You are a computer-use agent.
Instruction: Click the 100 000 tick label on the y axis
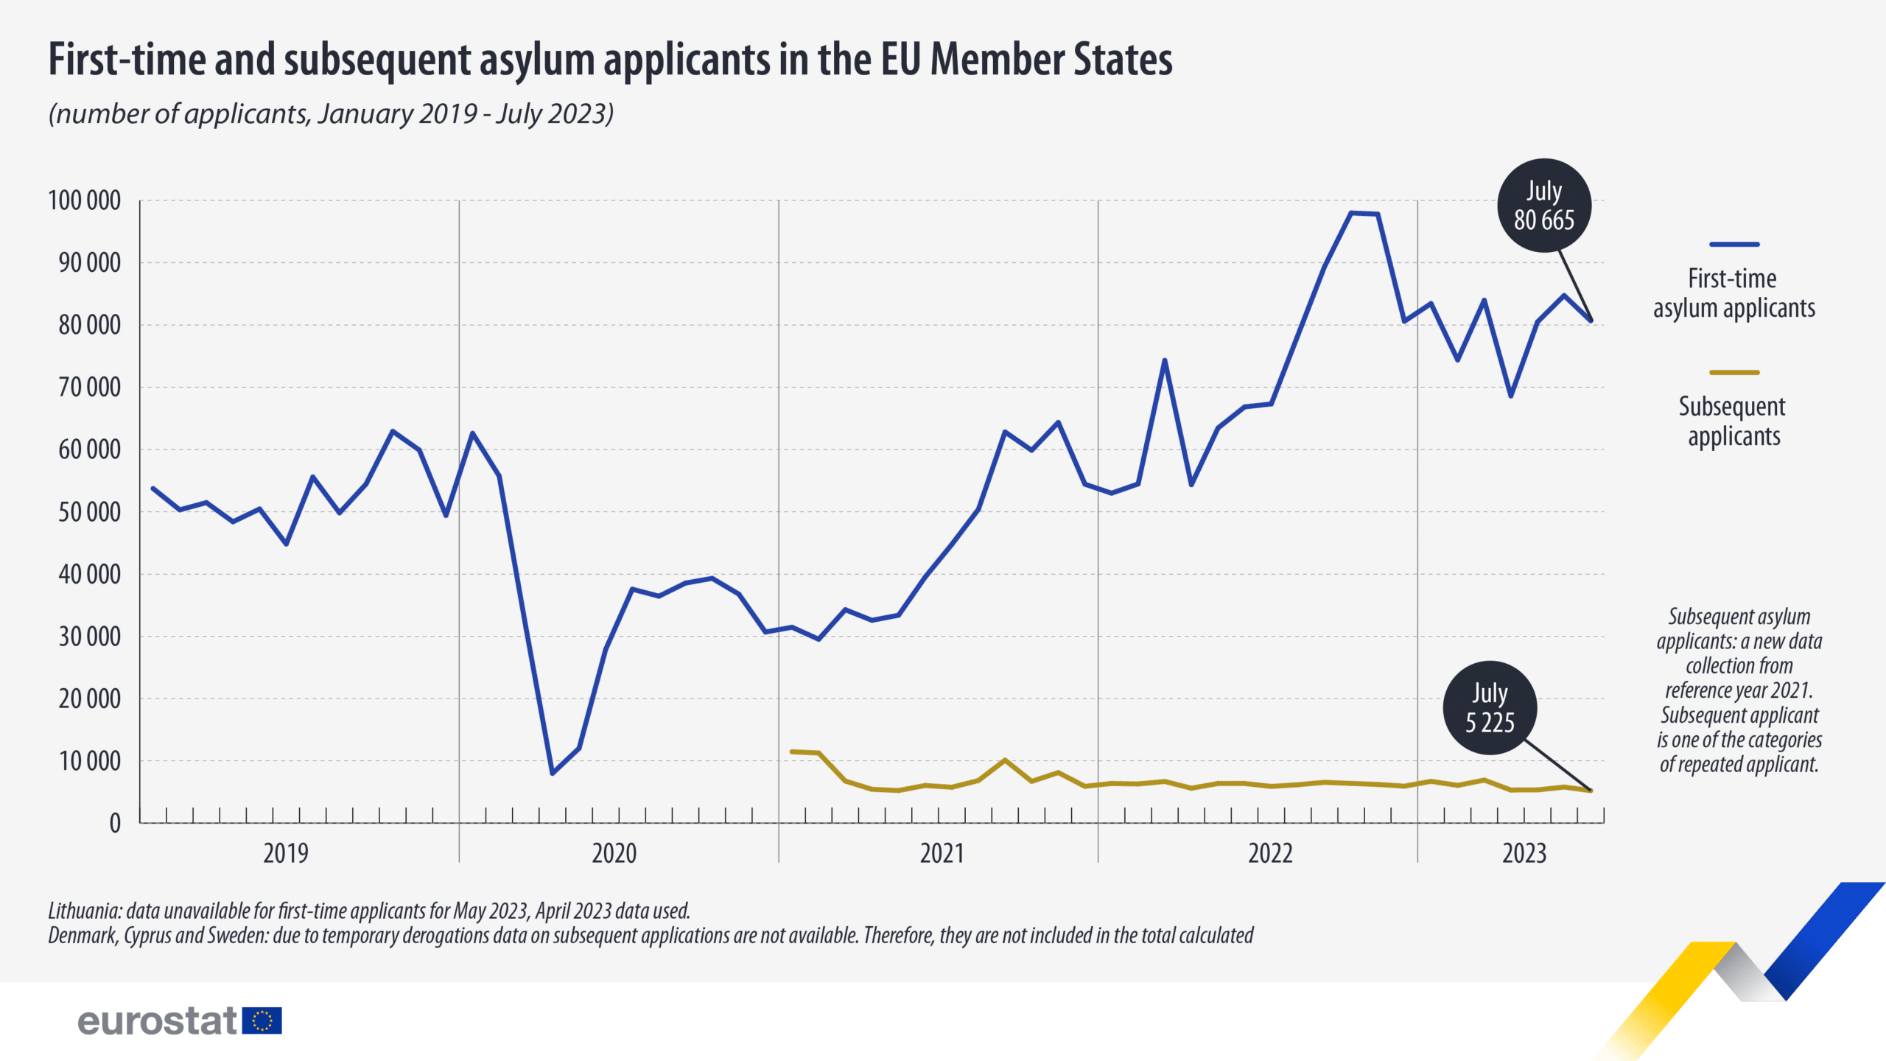(84, 200)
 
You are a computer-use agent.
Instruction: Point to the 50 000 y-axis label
(89, 512)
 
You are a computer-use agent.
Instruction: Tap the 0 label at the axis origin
(115, 823)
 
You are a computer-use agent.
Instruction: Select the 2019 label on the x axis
(286, 853)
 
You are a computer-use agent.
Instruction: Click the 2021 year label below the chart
(942, 853)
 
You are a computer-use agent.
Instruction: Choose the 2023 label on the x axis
(1524, 853)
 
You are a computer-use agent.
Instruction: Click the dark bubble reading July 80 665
(1544, 206)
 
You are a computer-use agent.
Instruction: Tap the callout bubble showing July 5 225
(1490, 708)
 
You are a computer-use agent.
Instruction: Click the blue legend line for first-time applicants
(1734, 244)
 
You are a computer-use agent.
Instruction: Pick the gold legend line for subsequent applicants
(1734, 373)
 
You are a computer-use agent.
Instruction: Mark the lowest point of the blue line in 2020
(553, 773)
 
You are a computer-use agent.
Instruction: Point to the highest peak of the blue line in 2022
(1351, 213)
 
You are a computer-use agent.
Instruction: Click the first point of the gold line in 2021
(792, 752)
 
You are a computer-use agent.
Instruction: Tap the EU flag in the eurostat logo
(262, 1020)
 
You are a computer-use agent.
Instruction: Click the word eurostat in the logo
(157, 1021)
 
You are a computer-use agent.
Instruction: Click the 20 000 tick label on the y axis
(89, 699)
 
